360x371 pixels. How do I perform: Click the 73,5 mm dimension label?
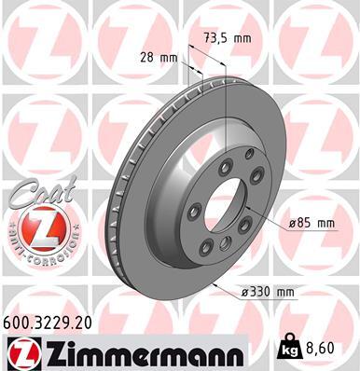[227, 37]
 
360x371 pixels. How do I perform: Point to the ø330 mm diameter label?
[267, 292]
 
